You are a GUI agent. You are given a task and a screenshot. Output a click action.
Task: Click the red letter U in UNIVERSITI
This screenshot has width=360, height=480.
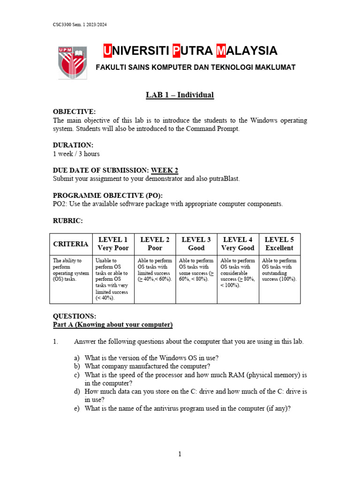pyautogui.click(x=107, y=51)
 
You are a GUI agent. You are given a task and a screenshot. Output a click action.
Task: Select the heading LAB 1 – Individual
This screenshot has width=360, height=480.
pyautogui.click(x=180, y=95)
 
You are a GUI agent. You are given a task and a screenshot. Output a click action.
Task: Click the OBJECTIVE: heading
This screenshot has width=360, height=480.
pyautogui.click(x=74, y=112)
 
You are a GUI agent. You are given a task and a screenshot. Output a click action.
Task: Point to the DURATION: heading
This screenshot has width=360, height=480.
pyautogui.click(x=73, y=145)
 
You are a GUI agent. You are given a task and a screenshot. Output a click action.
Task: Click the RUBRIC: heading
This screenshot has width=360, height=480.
pyautogui.click(x=68, y=220)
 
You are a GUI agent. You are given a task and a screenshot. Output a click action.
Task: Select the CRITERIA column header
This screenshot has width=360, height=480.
pyautogui.click(x=71, y=244)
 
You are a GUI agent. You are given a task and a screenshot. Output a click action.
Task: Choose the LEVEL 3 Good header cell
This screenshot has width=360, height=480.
pyautogui.click(x=196, y=244)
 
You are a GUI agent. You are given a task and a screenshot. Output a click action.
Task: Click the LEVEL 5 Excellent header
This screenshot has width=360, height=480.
pyautogui.click(x=279, y=244)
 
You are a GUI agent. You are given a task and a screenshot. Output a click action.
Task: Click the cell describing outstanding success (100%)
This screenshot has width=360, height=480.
pyautogui.click(x=279, y=270)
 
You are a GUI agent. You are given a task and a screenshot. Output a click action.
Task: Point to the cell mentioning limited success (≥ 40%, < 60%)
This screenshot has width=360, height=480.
pyautogui.click(x=155, y=270)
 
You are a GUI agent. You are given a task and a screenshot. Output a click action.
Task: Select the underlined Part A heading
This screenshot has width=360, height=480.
pyautogui.click(x=113, y=324)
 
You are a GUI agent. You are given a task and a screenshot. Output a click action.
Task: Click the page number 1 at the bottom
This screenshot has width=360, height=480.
pyautogui.click(x=180, y=454)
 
